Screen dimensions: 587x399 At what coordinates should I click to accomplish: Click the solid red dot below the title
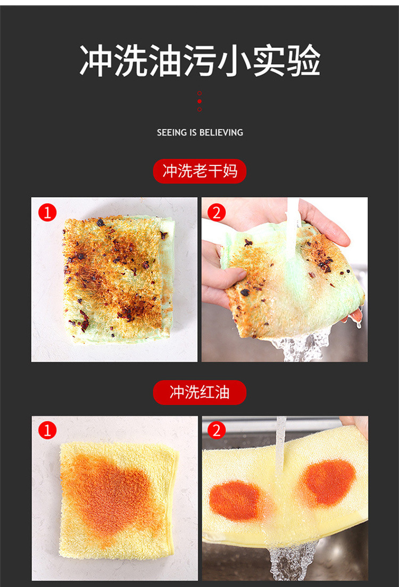199,101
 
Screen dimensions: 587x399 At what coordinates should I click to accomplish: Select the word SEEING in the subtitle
172,133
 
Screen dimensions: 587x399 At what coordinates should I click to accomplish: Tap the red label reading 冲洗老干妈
199,171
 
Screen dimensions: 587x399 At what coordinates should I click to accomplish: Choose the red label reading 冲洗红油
199,393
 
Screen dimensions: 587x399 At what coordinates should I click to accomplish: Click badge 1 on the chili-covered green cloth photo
47,213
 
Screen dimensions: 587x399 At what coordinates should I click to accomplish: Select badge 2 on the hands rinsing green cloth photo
216,213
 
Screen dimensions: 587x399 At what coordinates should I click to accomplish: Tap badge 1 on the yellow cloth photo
47,431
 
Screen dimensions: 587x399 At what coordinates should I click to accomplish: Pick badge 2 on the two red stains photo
216,431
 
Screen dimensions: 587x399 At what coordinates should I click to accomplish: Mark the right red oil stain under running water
327,482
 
